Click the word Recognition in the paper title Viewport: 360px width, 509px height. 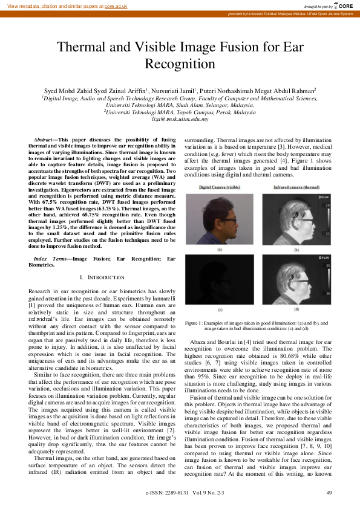tap(180, 64)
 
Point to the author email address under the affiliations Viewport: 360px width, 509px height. tap(180, 119)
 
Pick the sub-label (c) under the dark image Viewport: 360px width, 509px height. tap(220, 310)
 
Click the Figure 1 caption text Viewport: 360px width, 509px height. tap(256, 325)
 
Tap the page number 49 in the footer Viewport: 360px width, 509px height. tap(329, 493)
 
